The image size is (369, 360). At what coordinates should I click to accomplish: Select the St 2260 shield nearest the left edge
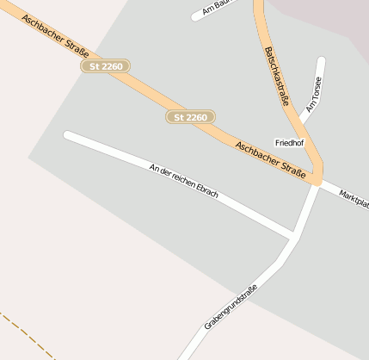(105, 65)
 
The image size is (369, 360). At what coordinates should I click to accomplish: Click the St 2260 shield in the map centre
(190, 116)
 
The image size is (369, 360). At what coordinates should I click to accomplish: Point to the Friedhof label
(289, 142)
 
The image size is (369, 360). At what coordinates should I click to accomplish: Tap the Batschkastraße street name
(276, 76)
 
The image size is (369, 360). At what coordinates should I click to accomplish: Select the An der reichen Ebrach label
(183, 181)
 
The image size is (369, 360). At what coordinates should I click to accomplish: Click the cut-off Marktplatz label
(354, 198)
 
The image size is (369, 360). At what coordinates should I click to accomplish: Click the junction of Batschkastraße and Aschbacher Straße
(317, 178)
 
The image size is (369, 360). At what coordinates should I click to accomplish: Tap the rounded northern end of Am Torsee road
(322, 61)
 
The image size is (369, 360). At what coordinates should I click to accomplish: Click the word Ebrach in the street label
(207, 190)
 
